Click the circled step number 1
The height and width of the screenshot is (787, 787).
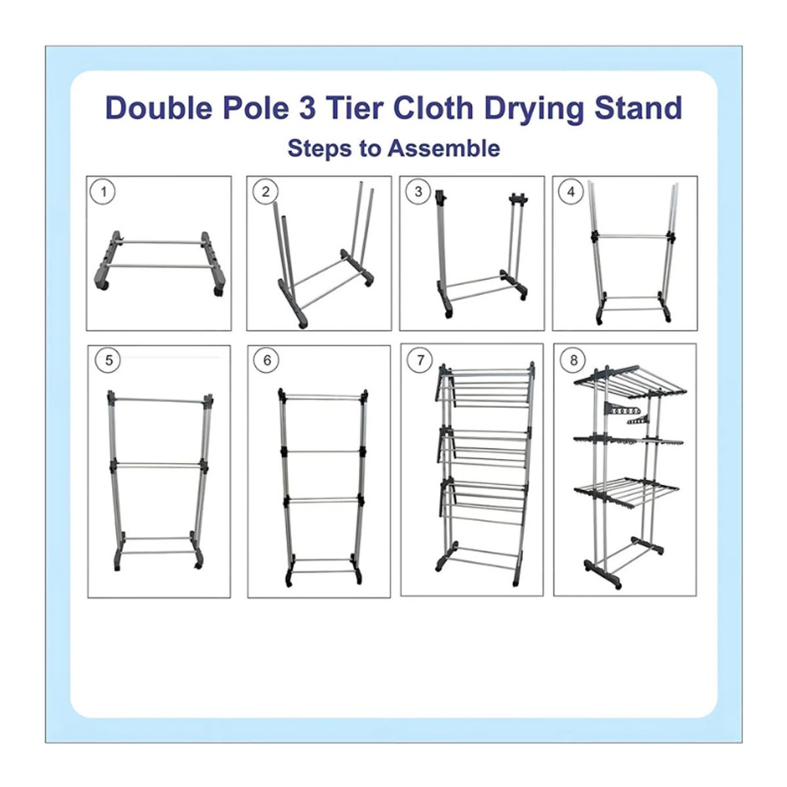coord(104,192)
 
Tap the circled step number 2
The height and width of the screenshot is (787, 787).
coord(266,192)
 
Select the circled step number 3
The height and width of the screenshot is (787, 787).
coord(418,192)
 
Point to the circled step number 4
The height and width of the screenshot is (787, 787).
coord(571,192)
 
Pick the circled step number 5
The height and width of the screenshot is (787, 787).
coord(109,360)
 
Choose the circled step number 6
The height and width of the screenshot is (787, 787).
coord(267,360)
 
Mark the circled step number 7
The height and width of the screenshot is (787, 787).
coord(420,360)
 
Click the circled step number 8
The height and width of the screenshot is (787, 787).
coord(574,360)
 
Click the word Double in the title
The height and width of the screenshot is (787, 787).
coord(159,108)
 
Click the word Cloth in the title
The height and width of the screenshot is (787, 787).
coord(434,108)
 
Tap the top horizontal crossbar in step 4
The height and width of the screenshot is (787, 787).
coord(632,236)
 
